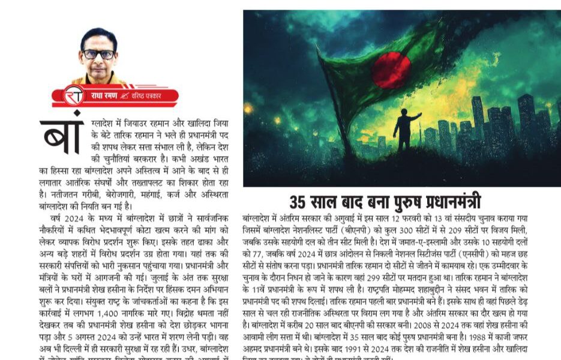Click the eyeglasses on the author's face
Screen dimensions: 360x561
(99, 54)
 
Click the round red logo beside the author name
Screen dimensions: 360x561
(75, 95)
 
